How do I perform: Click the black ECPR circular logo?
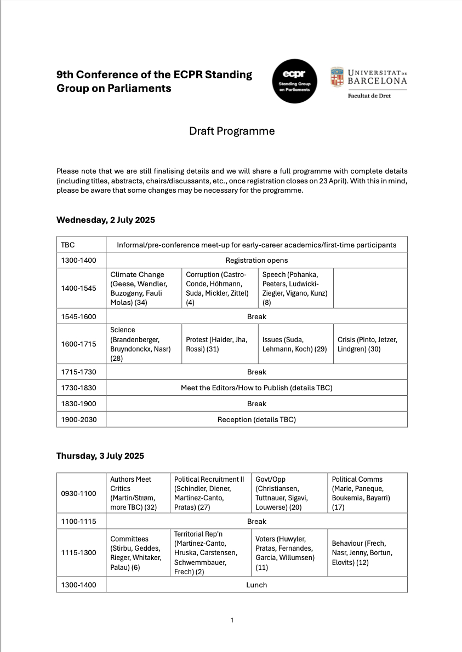294,81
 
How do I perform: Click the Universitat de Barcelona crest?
337,77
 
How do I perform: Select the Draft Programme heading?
232,131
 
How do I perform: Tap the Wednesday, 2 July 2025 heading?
106,220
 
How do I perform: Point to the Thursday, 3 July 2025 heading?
100,455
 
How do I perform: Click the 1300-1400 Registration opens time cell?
81,261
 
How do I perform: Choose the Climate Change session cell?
144,289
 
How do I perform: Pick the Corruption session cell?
219,289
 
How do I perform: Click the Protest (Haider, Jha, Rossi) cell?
219,344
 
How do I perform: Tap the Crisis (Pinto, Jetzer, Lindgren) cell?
370,344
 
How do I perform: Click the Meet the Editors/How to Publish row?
256,388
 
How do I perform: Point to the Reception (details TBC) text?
256,419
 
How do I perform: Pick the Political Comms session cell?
367,493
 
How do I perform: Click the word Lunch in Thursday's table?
256,585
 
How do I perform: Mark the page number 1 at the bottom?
232,620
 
